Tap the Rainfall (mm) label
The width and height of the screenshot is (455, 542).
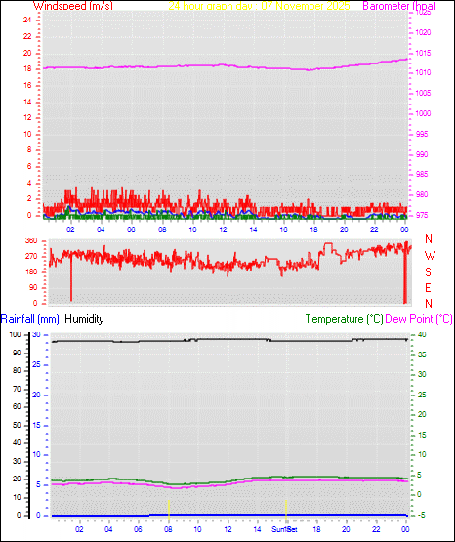30,319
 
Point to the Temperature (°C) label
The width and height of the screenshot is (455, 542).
344,319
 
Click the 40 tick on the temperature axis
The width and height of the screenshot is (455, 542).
420,335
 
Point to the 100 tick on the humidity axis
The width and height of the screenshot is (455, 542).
14,335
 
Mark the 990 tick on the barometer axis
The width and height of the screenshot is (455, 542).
422,154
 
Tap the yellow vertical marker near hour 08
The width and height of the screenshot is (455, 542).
169,506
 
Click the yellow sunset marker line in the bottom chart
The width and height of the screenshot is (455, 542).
285,506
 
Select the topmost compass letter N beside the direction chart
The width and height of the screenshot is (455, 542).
430,239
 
